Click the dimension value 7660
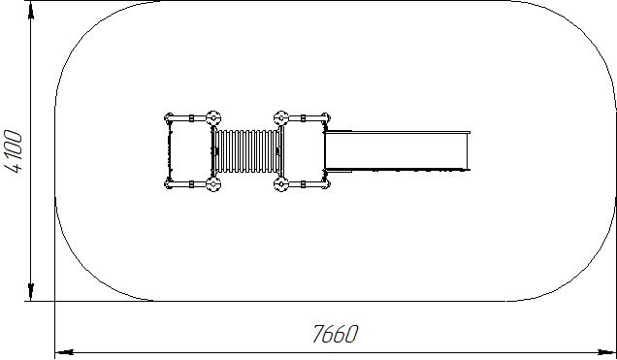point(336,334)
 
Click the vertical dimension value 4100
point(14,151)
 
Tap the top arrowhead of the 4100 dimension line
point(31,11)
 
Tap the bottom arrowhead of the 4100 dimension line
point(31,291)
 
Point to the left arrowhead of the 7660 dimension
point(64,351)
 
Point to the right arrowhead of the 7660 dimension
point(606,351)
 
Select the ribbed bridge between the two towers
point(247,151)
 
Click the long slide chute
point(398,151)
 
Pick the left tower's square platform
point(190,151)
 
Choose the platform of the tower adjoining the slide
point(304,151)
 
